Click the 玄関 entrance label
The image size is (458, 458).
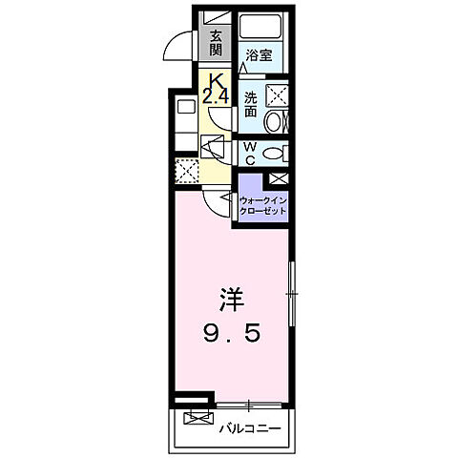[217, 44]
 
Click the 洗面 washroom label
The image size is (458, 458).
[250, 99]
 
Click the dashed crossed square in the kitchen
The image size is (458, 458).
[185, 171]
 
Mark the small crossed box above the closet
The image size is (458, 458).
[279, 178]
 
